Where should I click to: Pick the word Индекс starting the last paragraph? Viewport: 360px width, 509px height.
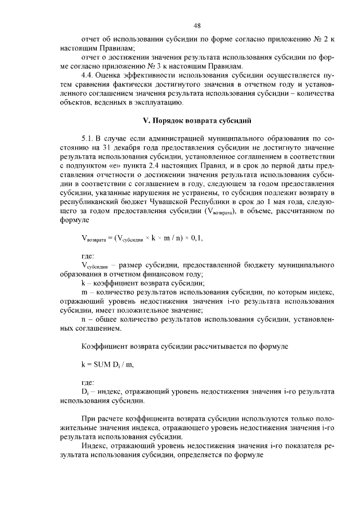(x=95, y=445)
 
